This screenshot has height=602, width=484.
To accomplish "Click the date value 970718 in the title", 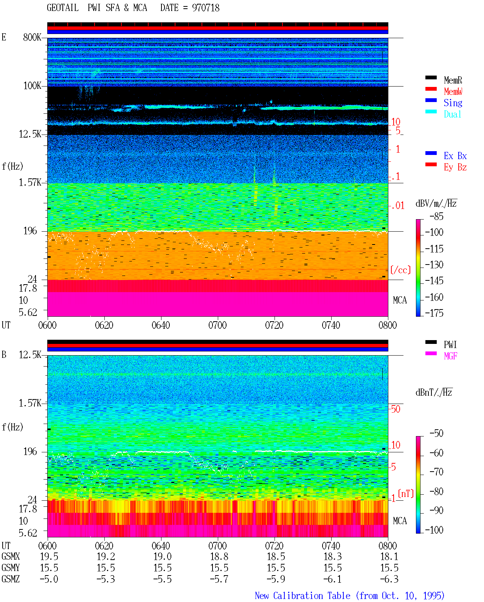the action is [x=206, y=8].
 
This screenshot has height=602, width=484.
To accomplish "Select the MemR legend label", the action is [x=453, y=80].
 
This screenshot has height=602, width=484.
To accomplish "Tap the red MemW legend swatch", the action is [x=431, y=89].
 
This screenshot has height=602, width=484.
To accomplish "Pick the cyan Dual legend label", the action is [x=452, y=114].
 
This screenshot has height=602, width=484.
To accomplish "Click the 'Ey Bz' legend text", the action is [x=455, y=167].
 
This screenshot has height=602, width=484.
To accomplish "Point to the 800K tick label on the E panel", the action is [x=32, y=37].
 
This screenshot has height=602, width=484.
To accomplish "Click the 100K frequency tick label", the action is [x=32, y=86].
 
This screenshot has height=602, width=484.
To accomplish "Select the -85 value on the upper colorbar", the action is [x=436, y=217].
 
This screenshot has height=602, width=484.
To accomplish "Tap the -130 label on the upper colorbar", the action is [x=434, y=265].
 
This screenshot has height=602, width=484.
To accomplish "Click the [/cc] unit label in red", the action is [x=400, y=270].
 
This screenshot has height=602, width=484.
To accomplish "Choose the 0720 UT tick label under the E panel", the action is [x=275, y=325].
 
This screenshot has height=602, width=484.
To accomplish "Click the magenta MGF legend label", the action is [x=450, y=356].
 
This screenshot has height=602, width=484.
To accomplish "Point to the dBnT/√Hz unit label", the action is [x=434, y=392].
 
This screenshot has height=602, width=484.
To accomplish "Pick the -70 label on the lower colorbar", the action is [x=436, y=472].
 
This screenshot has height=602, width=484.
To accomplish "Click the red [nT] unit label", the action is [x=406, y=494].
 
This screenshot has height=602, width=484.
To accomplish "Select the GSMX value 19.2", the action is [x=106, y=557].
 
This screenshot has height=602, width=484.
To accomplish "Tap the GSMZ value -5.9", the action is [x=276, y=579].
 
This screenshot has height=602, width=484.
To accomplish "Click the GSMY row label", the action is [x=11, y=568].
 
